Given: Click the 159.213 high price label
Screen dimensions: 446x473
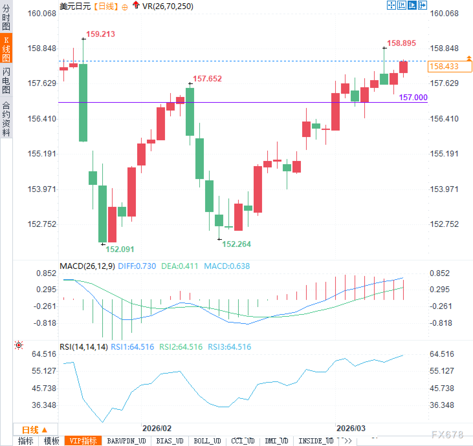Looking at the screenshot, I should pos(100,34).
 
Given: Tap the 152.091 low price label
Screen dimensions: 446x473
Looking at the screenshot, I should pos(120,249).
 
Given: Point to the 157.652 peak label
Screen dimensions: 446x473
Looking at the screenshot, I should pos(207,79).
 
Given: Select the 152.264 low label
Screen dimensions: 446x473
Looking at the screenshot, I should pos(236,244).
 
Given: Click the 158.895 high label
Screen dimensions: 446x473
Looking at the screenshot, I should pos(401,43).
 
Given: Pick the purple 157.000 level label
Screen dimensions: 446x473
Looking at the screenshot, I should pos(413,97).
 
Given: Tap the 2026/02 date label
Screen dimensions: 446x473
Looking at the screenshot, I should pos(157,428).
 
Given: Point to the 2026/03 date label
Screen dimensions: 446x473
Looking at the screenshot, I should pos(351,428).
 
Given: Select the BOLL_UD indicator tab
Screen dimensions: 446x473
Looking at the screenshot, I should pos(207,441).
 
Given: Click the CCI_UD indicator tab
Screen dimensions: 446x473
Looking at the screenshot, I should pos(243,441).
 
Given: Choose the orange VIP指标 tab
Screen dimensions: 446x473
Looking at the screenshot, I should pos(83,441).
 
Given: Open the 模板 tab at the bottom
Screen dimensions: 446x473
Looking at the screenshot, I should pos(51,441).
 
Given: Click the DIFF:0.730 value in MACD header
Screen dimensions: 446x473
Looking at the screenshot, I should pos(137,266).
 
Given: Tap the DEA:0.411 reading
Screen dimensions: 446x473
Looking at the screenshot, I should pos(180,266).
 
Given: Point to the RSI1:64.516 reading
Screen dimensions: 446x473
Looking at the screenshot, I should pos(132,347).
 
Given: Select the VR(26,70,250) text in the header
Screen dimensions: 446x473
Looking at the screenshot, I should pos(168,6).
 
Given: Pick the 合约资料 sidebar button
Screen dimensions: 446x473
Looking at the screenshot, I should pos(6,119).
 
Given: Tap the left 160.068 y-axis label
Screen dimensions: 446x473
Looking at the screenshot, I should pos(42,13).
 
